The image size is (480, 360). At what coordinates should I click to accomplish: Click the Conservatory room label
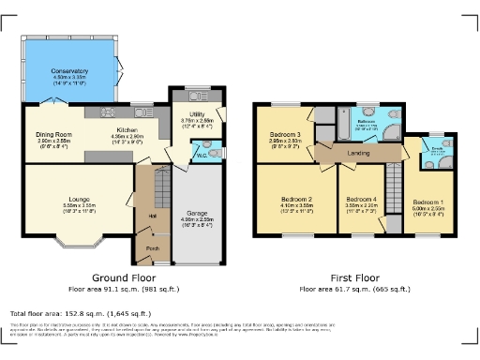[x=70, y=70]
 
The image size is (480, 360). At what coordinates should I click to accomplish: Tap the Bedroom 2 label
[x=296, y=200]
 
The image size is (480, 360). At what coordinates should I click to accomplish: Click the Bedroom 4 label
[x=360, y=201]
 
